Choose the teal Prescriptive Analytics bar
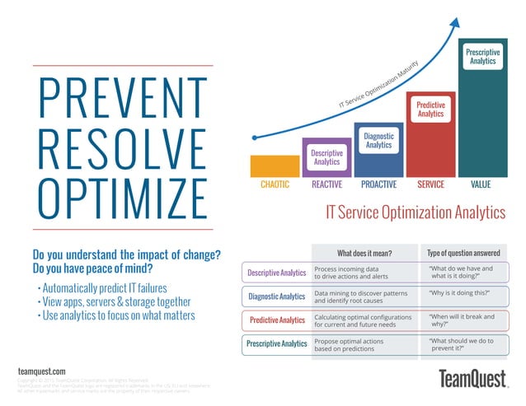point(482,107)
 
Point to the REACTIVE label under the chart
point(327,185)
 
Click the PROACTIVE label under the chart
point(378,185)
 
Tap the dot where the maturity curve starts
point(256,138)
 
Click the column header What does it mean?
point(364,252)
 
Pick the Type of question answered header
point(463,252)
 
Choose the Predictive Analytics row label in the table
point(276,320)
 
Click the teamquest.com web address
point(41,372)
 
